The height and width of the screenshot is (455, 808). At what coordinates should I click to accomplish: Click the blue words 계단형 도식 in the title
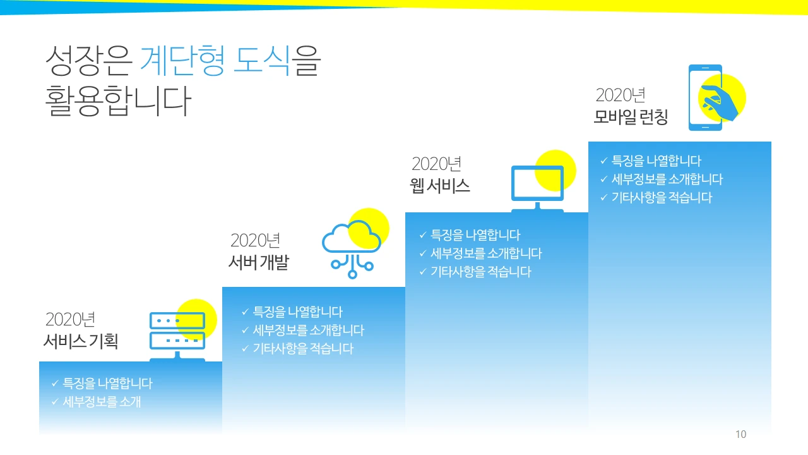215,61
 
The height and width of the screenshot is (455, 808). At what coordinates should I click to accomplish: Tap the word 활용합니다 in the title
118,100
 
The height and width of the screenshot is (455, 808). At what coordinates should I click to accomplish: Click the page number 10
741,434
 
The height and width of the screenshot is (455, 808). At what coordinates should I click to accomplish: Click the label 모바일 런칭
631,117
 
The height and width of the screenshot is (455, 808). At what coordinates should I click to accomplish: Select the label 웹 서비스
440,186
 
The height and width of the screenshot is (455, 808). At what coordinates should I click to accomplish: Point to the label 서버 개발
259,262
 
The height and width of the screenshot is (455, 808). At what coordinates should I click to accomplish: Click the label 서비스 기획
80,341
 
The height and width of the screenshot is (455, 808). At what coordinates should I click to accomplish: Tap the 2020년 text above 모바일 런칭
620,95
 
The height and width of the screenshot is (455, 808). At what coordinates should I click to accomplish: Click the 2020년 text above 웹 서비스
436,164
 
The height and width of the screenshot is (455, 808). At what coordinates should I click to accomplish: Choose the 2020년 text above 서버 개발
255,241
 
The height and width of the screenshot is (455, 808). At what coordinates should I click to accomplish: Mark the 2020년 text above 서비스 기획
70,319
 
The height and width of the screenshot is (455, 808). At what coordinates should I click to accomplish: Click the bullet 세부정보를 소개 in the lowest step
102,401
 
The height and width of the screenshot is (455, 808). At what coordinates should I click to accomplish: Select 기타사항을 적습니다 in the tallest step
662,198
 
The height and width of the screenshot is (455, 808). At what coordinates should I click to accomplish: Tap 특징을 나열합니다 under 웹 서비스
475,235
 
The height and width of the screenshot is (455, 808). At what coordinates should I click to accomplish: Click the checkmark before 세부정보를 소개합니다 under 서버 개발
246,330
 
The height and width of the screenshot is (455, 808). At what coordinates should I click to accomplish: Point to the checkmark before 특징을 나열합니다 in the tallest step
604,161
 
